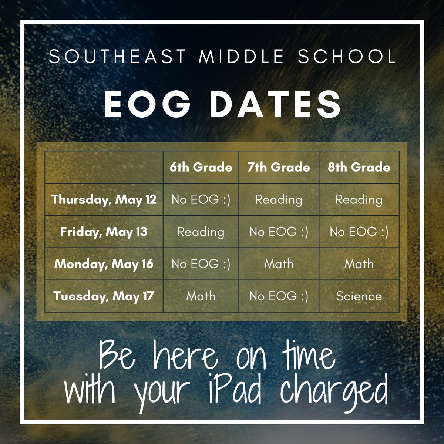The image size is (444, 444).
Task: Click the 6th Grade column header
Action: [201, 167]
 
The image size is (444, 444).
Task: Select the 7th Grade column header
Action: [279, 167]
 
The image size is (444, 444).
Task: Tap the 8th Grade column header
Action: [359, 167]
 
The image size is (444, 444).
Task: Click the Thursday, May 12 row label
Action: [104, 200]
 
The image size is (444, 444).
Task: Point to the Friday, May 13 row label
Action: [104, 232]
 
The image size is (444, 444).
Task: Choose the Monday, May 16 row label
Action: [104, 264]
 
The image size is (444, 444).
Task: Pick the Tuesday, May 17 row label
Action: [104, 296]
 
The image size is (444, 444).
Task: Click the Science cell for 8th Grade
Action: [359, 296]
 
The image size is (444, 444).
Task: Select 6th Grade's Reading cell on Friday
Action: [201, 232]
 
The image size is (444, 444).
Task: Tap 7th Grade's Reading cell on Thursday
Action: [279, 200]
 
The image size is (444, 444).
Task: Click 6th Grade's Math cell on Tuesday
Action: [201, 296]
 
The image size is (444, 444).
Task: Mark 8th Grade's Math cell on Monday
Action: [359, 264]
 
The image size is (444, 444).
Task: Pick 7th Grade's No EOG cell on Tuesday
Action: [279, 296]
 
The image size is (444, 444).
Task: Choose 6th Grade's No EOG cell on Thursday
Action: [201, 200]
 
